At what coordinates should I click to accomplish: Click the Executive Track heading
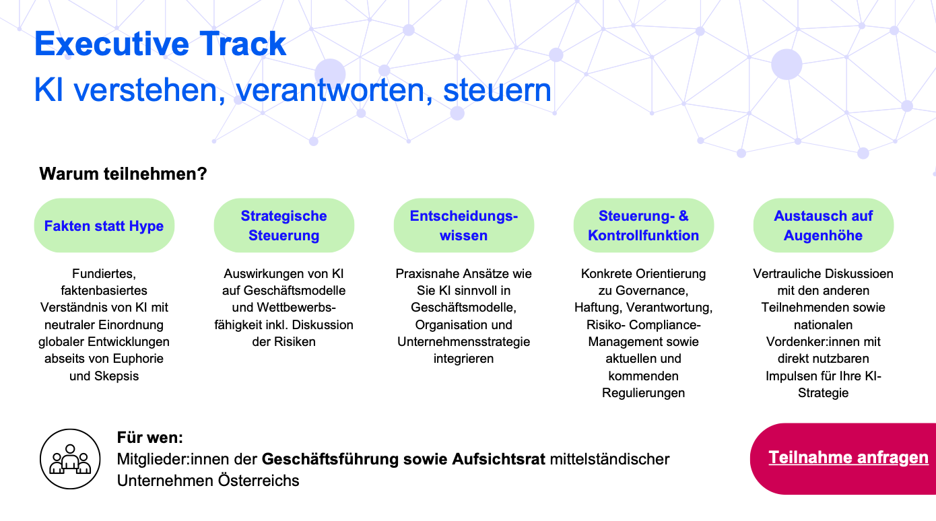point(160,44)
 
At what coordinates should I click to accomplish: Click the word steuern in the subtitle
point(497,90)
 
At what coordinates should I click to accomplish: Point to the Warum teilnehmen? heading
point(123,174)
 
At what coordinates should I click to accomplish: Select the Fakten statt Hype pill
point(104,225)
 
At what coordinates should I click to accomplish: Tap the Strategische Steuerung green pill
point(283,225)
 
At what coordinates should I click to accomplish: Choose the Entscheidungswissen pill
point(464,225)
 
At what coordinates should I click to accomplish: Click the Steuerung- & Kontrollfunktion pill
point(644,225)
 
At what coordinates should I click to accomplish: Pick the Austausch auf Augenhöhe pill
point(823,225)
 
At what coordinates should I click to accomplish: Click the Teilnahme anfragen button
point(843,459)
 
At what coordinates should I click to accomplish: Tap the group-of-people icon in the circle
point(70,459)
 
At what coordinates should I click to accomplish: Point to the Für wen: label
point(150,438)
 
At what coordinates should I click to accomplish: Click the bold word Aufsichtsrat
point(498,459)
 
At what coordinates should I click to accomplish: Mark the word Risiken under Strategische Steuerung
point(294,342)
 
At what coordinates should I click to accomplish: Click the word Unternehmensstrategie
point(464,342)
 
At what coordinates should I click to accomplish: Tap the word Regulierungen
point(644,392)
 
